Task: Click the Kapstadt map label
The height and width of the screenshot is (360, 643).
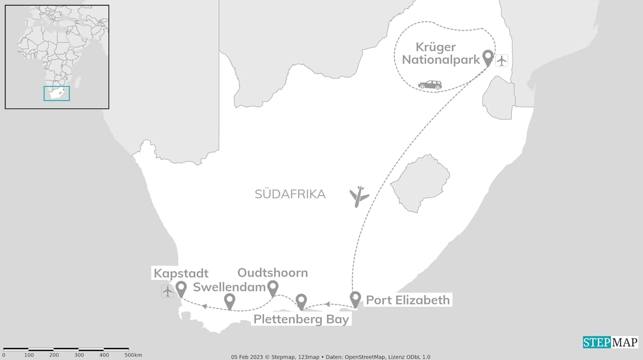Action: pyautogui.click(x=181, y=274)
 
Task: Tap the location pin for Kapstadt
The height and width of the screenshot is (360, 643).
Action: pyautogui.click(x=181, y=288)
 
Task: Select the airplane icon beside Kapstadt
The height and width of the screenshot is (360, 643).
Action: pyautogui.click(x=168, y=291)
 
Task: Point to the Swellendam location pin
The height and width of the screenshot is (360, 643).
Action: pyautogui.click(x=230, y=301)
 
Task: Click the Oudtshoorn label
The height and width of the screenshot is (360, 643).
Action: pyautogui.click(x=272, y=273)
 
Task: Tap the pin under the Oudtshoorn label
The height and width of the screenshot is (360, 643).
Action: pyautogui.click(x=272, y=288)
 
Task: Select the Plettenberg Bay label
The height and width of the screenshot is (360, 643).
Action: pyautogui.click(x=301, y=319)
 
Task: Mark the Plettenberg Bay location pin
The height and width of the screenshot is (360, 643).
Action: pyautogui.click(x=301, y=301)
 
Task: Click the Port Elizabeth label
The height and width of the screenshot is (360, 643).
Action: pyautogui.click(x=407, y=300)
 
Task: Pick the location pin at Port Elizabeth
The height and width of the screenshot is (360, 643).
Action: pyautogui.click(x=355, y=299)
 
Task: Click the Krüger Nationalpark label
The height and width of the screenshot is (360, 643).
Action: pyautogui.click(x=447, y=53)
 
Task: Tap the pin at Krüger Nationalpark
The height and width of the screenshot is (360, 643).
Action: pyautogui.click(x=487, y=58)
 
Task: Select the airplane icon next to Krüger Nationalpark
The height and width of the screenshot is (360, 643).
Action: pyautogui.click(x=502, y=61)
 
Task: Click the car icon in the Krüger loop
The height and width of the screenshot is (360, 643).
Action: pyautogui.click(x=430, y=85)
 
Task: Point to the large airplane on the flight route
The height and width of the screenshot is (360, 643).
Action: pyautogui.click(x=359, y=196)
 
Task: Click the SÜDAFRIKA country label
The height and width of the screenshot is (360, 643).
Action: pyautogui.click(x=290, y=194)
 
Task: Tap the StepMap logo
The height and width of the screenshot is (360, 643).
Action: pyautogui.click(x=610, y=342)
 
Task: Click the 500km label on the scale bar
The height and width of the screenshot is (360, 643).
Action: pyautogui.click(x=133, y=355)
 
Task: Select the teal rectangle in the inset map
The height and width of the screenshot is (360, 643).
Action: pyautogui.click(x=56, y=93)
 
